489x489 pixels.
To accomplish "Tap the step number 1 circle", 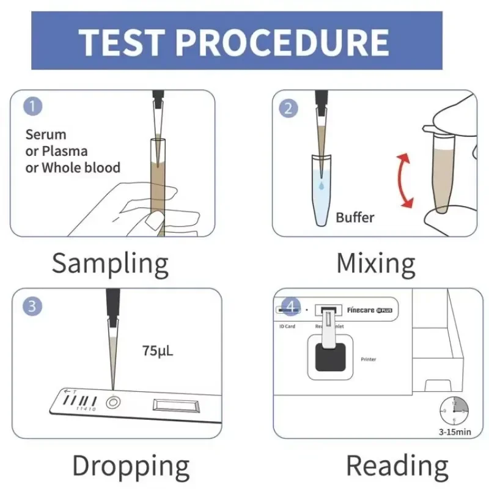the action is tap(34, 106).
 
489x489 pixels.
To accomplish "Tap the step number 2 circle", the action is tap(289, 109).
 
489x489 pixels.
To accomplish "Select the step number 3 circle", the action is tap(32, 306).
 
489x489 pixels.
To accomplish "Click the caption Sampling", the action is tap(110, 263).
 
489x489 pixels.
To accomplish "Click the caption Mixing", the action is tap(375, 263).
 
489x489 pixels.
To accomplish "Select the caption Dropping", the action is tap(131, 466).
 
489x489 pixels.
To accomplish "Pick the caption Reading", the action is tap(397, 466).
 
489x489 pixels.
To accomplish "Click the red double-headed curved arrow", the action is tap(404, 181).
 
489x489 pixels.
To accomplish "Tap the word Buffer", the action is tap(355, 217).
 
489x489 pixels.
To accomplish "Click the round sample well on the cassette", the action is tap(112, 403).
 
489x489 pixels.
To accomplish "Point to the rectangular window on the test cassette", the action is tap(175, 405).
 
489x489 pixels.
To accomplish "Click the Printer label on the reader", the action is tap(369, 359).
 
